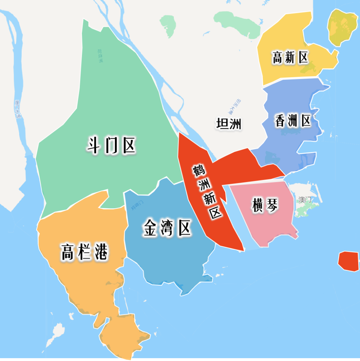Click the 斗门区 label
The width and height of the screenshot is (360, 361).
tap(111, 145)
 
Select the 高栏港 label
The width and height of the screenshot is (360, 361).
tap(84, 252)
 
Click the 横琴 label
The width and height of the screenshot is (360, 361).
tap(265, 205)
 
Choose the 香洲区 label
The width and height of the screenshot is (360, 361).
tap(293, 121)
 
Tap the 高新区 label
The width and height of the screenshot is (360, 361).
tap(290, 57)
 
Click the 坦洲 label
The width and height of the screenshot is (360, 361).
tap(228, 124)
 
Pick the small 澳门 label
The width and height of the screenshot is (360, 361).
tap(305, 199)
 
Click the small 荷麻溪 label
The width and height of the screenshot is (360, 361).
tap(100, 56)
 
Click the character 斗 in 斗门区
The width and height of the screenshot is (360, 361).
tap(93, 145)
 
